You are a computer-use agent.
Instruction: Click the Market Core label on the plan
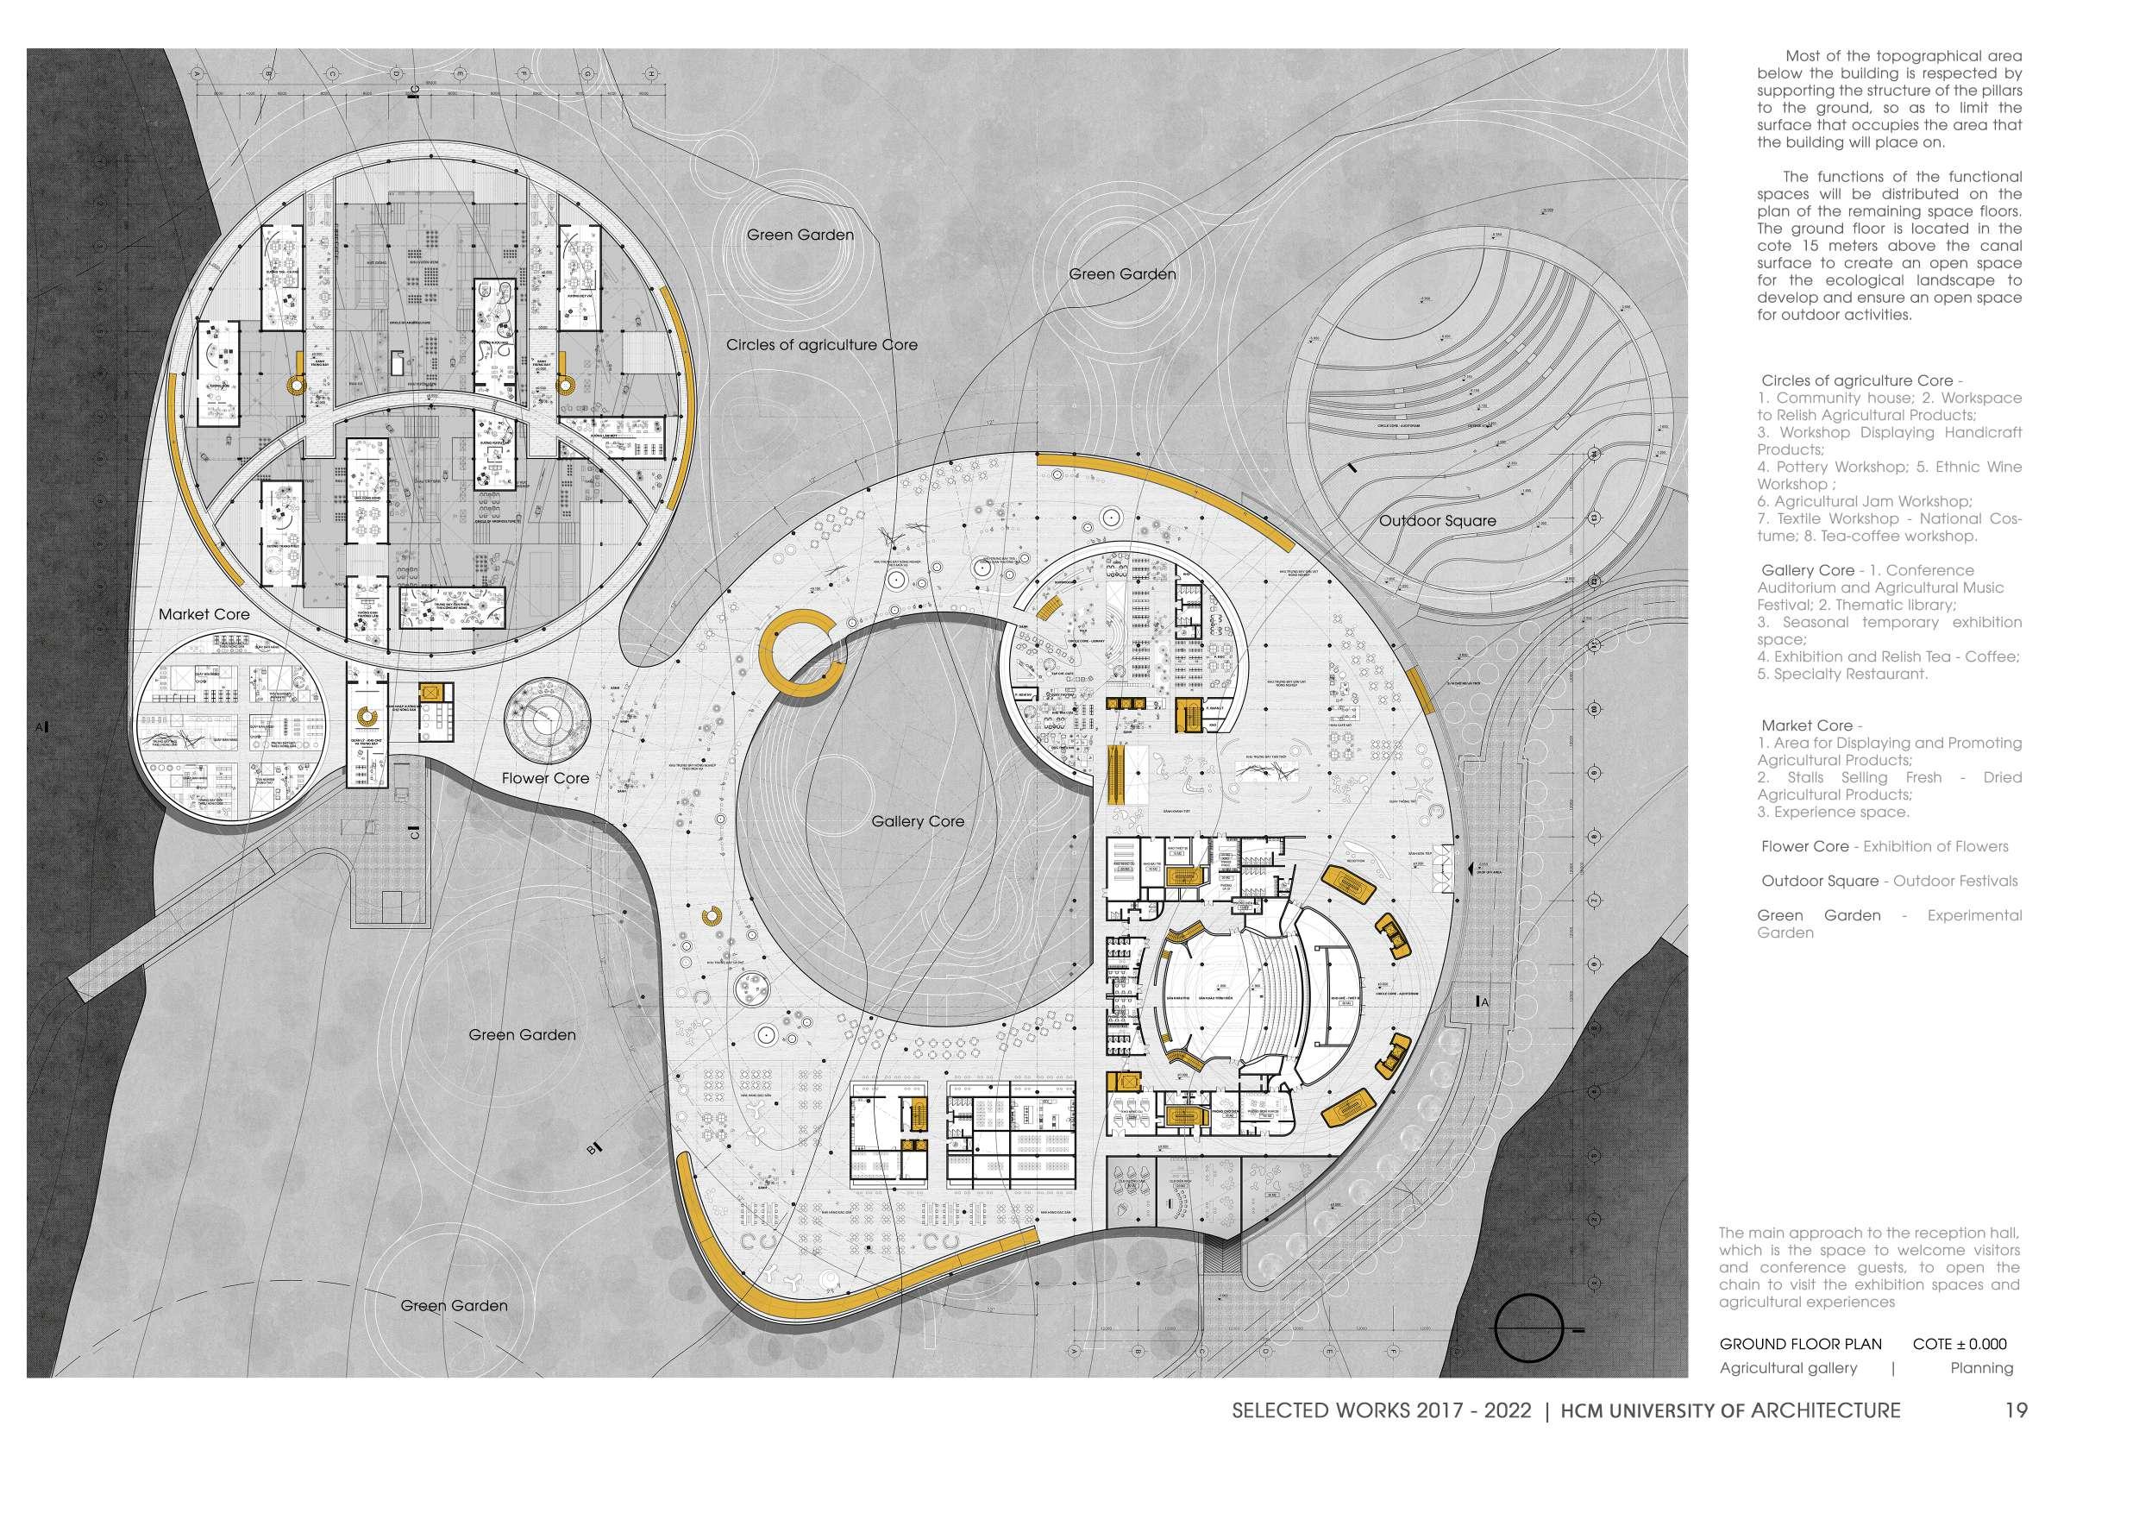point(204,615)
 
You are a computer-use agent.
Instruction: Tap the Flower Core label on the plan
point(545,778)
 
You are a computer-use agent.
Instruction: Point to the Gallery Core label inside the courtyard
point(918,822)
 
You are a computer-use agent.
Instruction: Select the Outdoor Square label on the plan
point(1438,521)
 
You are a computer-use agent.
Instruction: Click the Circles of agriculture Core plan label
point(822,346)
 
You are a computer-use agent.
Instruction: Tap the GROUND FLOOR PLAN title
point(1800,1371)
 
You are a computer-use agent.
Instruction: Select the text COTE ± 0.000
point(1960,1371)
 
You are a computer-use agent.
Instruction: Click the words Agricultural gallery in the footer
point(1788,1394)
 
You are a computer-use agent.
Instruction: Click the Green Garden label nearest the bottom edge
point(454,1306)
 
